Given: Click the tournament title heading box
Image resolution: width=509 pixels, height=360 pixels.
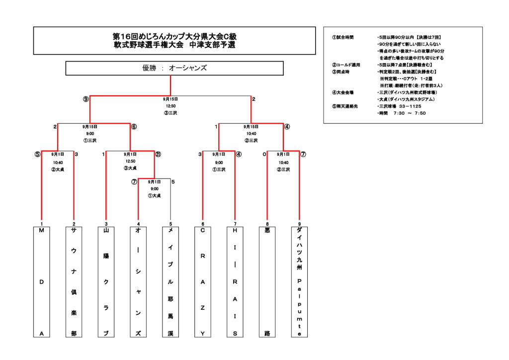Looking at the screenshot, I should [174, 41].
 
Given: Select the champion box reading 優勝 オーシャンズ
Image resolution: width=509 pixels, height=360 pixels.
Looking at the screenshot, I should [174, 68].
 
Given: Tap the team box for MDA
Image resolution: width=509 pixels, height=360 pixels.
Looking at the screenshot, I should [42, 282].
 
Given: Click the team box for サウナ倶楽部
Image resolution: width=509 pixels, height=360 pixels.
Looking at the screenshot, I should [74, 282].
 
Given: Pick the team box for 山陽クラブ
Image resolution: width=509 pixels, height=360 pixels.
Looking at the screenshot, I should [106, 282].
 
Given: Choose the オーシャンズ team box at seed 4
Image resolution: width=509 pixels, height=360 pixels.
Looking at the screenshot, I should [138, 282].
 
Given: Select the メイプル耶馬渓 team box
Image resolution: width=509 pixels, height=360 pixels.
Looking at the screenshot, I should [170, 282].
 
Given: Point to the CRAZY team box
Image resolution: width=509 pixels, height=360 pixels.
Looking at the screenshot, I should [203, 282].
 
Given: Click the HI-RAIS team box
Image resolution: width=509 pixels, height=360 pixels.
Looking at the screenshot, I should [235, 282].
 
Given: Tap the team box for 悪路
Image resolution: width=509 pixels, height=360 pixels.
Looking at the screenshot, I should [267, 282].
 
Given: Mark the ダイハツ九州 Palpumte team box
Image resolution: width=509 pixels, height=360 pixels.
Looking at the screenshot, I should [299, 282].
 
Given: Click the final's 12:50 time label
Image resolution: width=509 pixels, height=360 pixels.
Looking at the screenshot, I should [170, 106].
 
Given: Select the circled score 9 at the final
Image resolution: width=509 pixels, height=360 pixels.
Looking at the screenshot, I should [86, 99].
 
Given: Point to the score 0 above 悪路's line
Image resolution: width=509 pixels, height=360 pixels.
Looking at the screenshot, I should [264, 154].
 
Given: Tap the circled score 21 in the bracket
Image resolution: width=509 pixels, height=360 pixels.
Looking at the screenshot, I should [158, 154].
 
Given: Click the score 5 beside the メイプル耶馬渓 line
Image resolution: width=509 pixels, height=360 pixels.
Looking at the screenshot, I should [173, 182].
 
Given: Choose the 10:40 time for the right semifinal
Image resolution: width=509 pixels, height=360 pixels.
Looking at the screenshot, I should [251, 134].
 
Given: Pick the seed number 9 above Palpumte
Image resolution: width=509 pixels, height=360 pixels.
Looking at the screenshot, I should [299, 224].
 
